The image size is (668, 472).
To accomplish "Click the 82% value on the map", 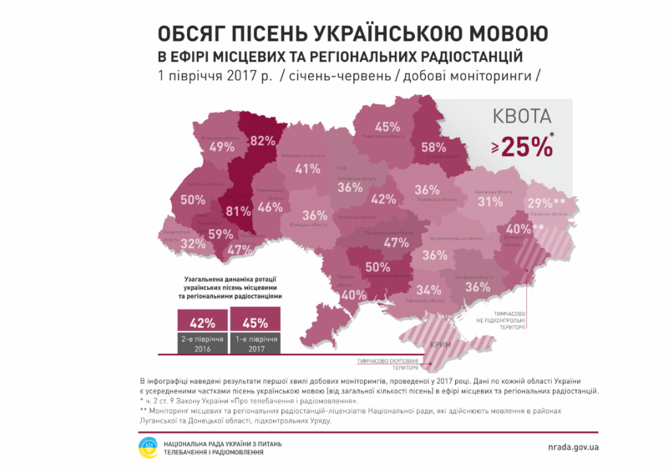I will [x=263, y=139].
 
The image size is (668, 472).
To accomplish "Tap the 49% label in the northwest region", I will [x=221, y=147].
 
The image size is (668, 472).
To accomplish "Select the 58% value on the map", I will [x=433, y=148].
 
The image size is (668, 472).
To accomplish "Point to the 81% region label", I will [x=238, y=210].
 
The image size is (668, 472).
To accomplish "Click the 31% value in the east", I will [x=489, y=202].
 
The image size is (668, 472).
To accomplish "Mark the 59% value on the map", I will [x=221, y=234].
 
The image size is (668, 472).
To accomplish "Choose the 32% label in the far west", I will [x=193, y=244].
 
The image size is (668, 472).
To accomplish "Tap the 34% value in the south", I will [x=429, y=290].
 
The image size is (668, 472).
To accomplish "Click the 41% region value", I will [x=307, y=169].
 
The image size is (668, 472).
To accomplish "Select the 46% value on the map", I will [x=270, y=208].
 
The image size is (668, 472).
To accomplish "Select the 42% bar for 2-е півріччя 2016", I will [x=200, y=321].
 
